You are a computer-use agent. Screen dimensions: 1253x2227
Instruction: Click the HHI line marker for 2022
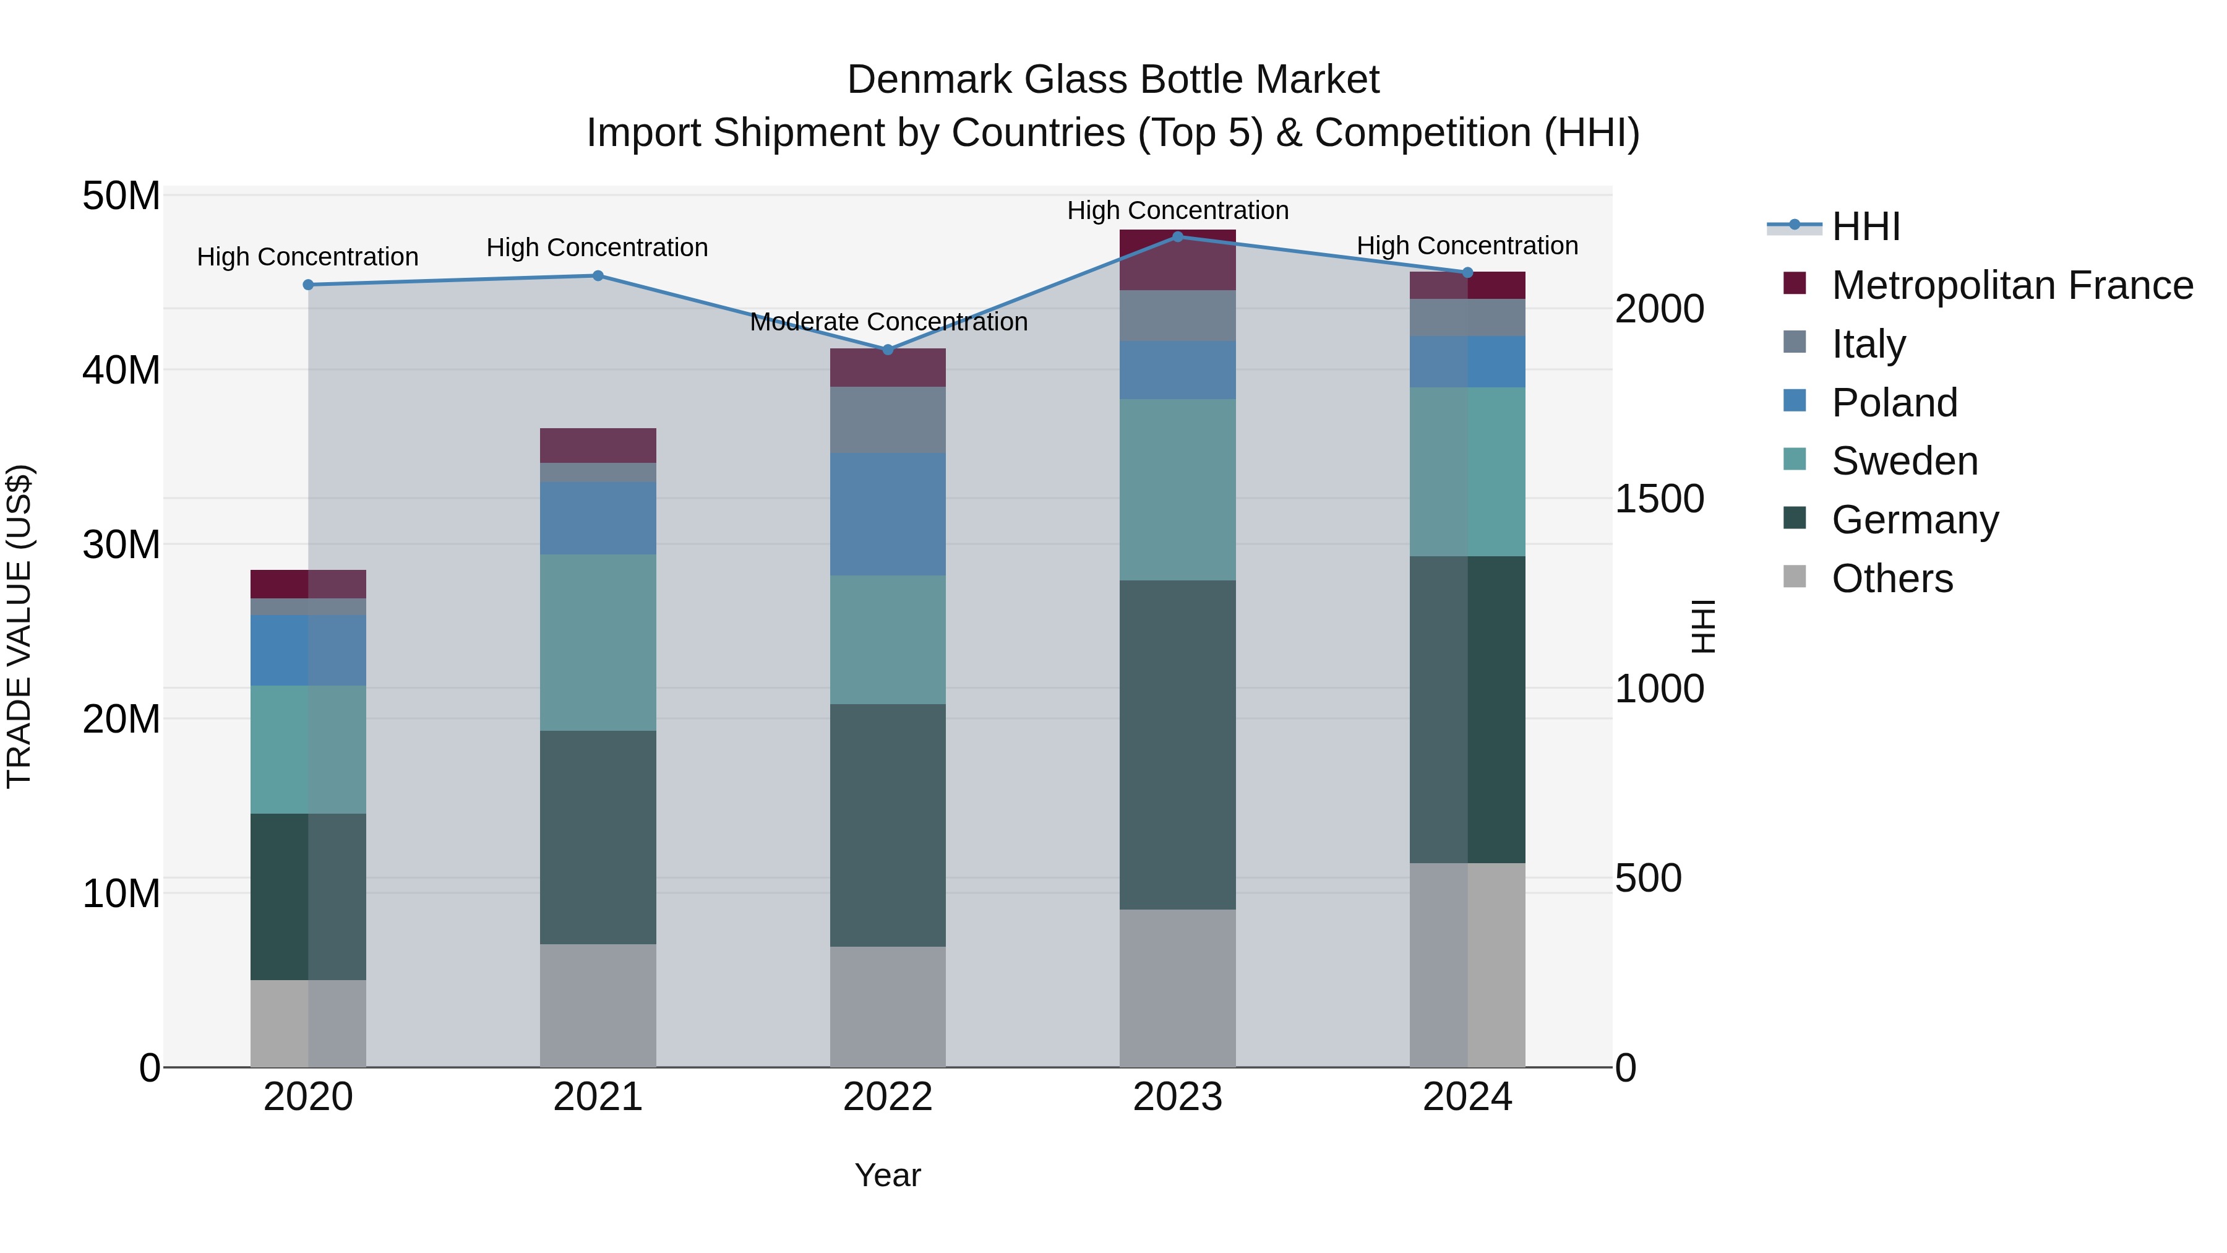coord(888,350)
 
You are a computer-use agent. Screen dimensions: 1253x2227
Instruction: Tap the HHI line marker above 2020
coord(308,285)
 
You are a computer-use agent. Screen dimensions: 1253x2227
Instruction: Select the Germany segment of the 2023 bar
coord(1177,744)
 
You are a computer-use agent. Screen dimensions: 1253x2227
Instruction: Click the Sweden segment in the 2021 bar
coord(598,642)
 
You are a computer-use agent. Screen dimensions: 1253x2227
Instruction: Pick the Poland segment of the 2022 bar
coord(888,515)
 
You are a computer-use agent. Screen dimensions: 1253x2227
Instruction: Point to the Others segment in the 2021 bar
coord(598,1005)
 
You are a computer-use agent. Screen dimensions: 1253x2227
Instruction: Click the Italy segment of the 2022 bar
coord(888,420)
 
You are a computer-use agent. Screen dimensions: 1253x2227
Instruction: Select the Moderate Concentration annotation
coord(888,322)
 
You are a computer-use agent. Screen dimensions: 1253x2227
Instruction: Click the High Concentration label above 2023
coord(1177,210)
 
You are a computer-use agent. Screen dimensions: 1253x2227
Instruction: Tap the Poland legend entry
coord(1894,403)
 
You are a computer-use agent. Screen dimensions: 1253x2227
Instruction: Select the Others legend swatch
coord(1795,577)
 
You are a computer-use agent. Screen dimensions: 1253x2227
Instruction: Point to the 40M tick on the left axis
coord(121,370)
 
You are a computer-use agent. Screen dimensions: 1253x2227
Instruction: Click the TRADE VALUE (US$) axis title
coord(19,626)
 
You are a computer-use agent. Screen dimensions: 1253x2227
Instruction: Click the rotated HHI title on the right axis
coord(1702,626)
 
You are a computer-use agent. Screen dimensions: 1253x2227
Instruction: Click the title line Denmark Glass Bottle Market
coord(1113,80)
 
